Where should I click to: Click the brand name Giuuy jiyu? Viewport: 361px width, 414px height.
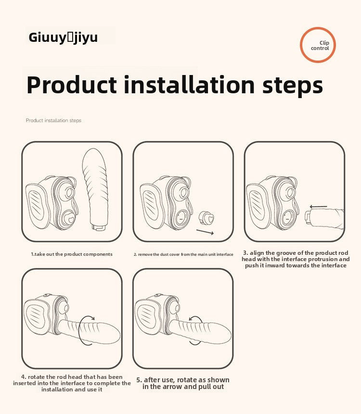63,37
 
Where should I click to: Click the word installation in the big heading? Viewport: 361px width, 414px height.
189,85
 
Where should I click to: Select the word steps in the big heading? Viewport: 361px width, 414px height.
293,86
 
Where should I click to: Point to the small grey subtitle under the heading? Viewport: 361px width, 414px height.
53,120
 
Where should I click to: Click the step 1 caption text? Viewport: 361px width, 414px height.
72,254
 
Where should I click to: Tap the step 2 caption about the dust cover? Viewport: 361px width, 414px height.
183,254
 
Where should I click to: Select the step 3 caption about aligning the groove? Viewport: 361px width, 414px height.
296,259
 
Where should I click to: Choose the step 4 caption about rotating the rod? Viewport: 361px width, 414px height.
72,383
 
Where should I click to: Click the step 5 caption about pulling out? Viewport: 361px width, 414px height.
183,383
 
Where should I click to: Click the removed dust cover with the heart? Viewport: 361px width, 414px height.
206,218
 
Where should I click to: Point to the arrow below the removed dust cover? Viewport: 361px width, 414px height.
205,232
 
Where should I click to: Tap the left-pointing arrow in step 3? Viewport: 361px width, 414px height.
319,207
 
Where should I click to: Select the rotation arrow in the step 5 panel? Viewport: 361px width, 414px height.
190,330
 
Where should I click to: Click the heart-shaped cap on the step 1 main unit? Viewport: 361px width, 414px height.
70,219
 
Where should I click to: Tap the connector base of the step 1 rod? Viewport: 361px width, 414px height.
100,227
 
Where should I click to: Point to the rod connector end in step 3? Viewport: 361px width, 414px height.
308,217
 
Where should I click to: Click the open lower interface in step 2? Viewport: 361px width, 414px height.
181,218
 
